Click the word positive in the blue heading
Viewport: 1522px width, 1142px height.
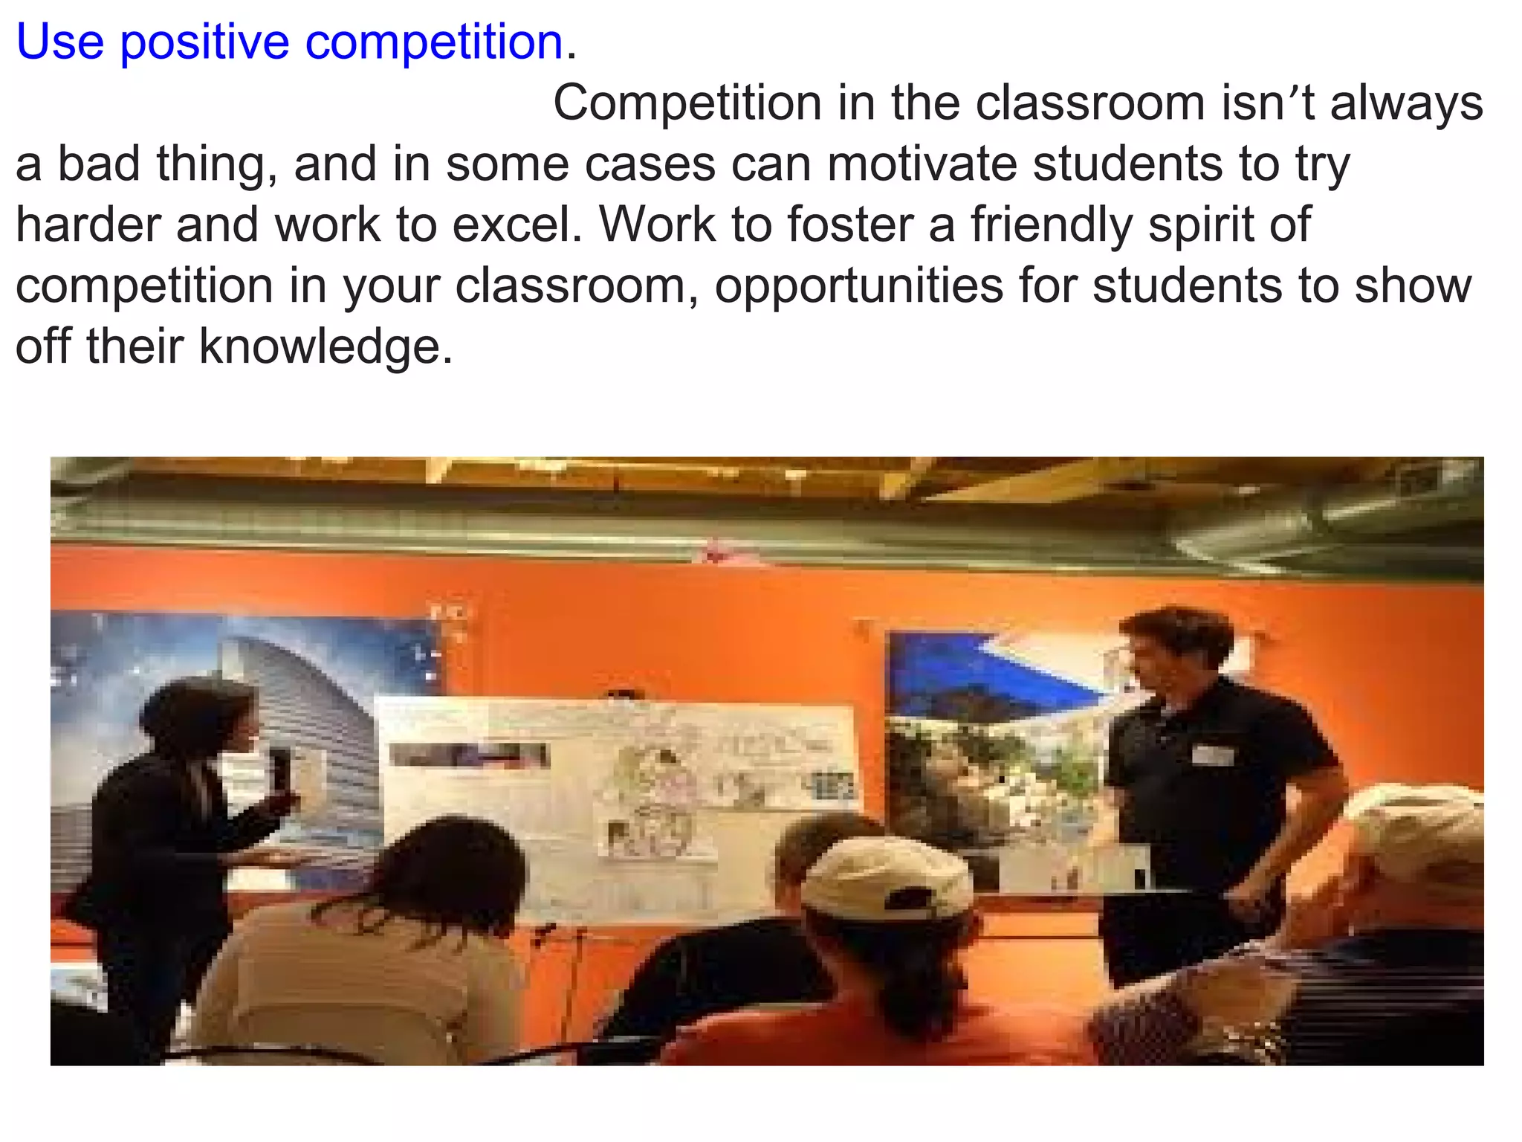[x=204, y=42]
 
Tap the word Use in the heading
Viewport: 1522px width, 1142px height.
[x=59, y=42]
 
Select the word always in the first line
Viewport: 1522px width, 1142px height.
[x=1406, y=103]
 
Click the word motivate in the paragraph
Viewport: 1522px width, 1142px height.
[x=922, y=164]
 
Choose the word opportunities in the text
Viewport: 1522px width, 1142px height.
[x=858, y=287]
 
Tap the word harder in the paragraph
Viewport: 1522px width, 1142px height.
[x=88, y=225]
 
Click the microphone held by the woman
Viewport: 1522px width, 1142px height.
[x=281, y=770]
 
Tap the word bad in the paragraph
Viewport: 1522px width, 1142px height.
[x=98, y=164]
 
